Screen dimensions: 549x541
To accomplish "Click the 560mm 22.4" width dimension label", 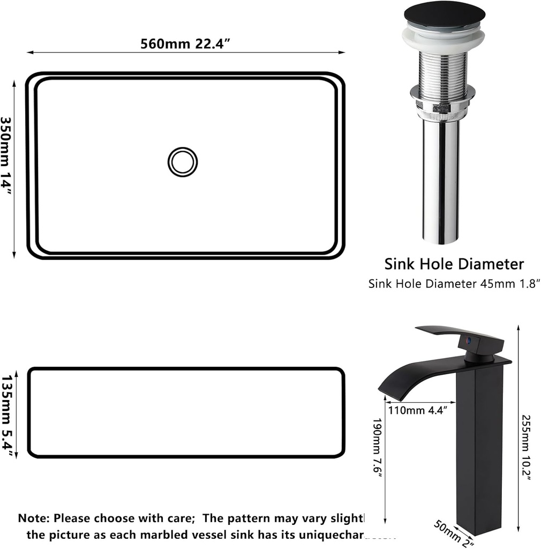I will [x=185, y=43].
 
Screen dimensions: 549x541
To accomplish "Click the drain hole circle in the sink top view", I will [x=183, y=162].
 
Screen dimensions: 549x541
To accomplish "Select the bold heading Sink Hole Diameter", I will [x=454, y=264].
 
